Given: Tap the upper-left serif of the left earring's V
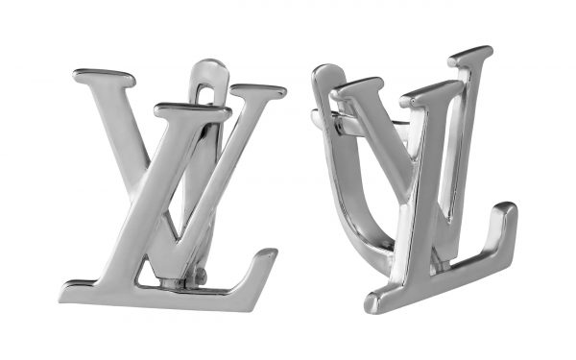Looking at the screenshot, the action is [x=105, y=78].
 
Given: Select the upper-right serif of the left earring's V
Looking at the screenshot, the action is [x=258, y=91].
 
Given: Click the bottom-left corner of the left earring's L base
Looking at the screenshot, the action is [x=60, y=300].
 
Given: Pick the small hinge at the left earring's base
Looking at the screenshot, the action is [x=200, y=275].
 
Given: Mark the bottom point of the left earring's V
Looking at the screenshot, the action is [x=179, y=239].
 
